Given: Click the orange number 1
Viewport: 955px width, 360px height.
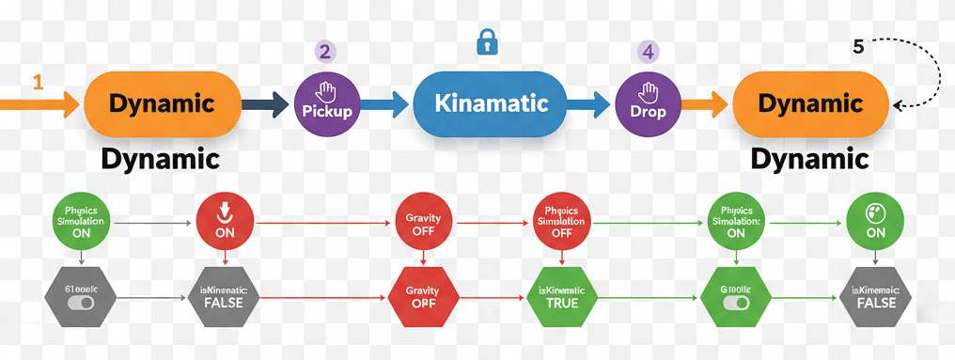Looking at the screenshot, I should pyautogui.click(x=38, y=83).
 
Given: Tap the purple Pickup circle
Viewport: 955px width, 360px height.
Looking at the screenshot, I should pyautogui.click(x=327, y=103).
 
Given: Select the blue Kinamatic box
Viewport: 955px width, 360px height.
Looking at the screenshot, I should pyautogui.click(x=490, y=103).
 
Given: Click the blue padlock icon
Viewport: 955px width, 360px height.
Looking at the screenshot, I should pyautogui.click(x=486, y=42).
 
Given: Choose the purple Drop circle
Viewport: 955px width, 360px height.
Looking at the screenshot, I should pyautogui.click(x=648, y=103).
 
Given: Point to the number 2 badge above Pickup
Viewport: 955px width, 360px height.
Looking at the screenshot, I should pyautogui.click(x=325, y=52).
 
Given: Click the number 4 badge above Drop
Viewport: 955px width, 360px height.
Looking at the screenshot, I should pyautogui.click(x=648, y=52).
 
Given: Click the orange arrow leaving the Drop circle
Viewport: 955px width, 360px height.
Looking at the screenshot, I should pyautogui.click(x=703, y=103).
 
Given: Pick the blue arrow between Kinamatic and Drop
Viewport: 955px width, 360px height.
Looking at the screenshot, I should pyautogui.click(x=589, y=103).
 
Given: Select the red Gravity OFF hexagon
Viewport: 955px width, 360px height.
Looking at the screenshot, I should pyautogui.click(x=422, y=298).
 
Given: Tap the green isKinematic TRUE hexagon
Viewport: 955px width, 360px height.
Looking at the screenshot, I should pyautogui.click(x=561, y=298).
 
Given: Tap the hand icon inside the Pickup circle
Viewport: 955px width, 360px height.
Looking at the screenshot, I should pyautogui.click(x=327, y=91).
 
